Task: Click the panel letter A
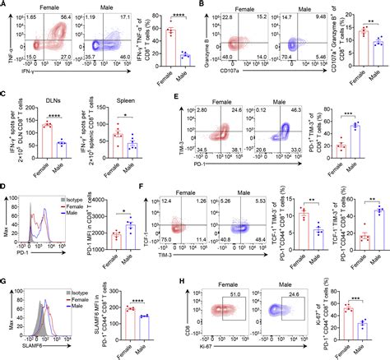click(x=5, y=5)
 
